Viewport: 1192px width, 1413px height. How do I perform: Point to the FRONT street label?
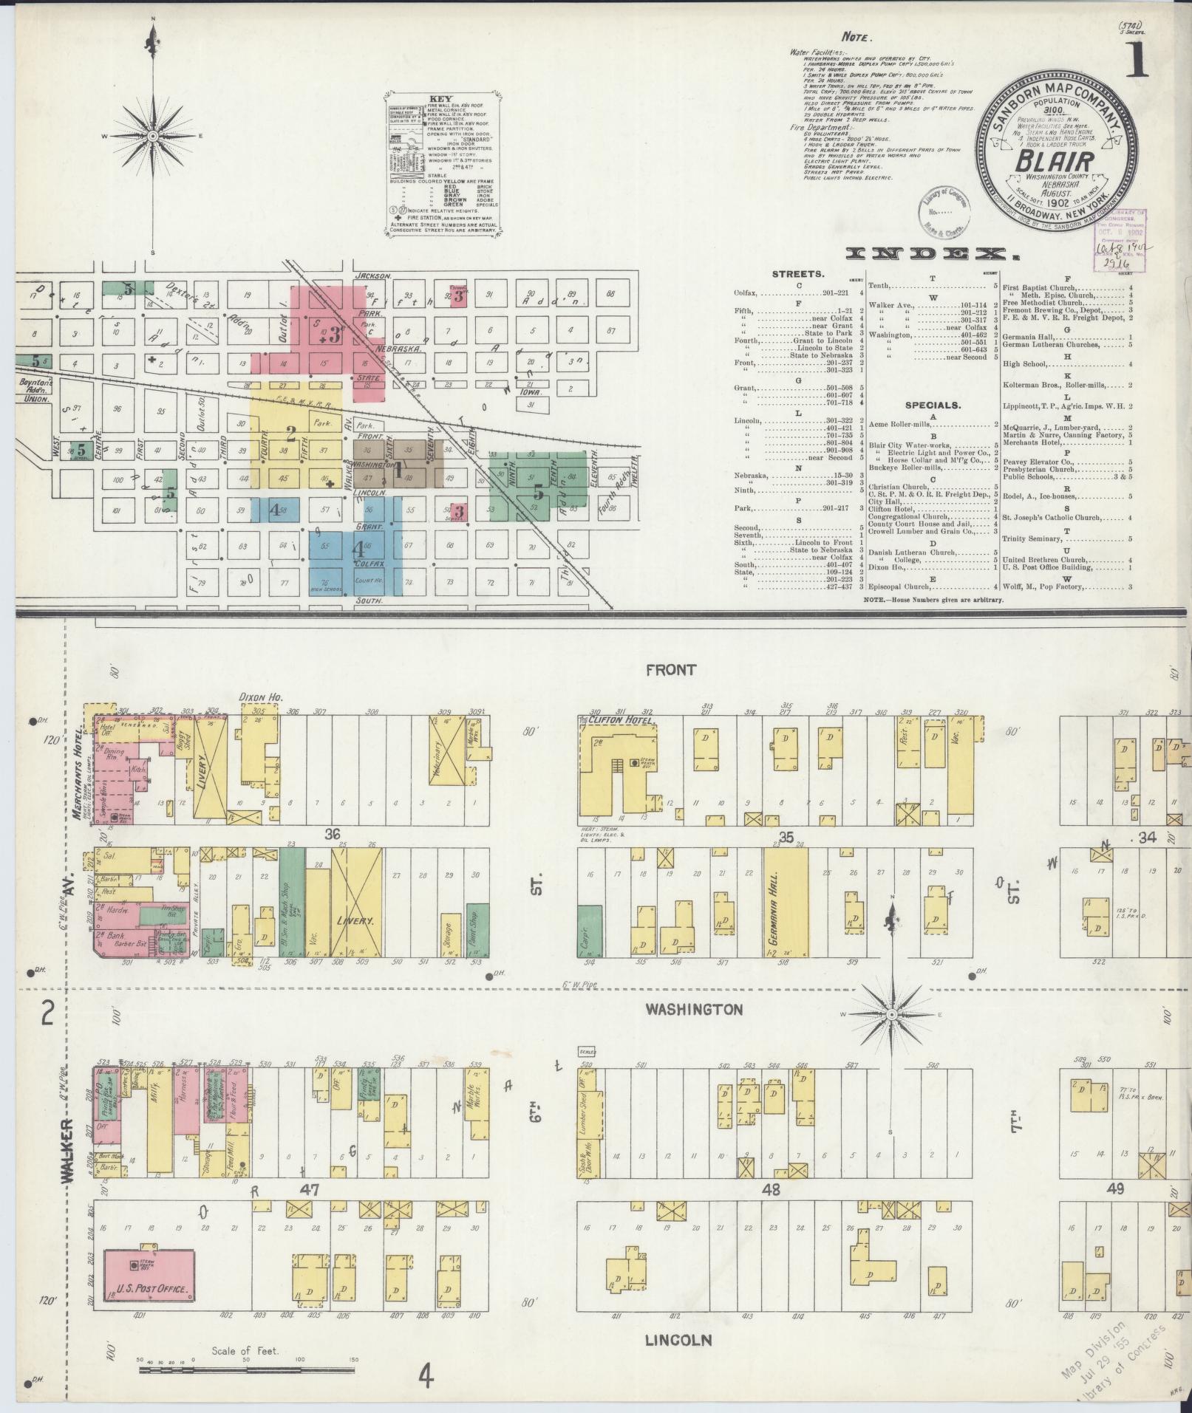point(670,670)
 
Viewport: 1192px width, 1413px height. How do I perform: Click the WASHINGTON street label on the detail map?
point(692,1009)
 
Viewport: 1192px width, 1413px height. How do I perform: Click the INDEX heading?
point(931,255)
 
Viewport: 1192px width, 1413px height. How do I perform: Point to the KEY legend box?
point(443,165)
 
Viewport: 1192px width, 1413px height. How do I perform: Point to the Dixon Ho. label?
point(256,697)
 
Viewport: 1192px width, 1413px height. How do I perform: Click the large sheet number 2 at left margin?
point(48,1015)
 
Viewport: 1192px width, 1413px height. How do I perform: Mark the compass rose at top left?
point(153,136)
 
